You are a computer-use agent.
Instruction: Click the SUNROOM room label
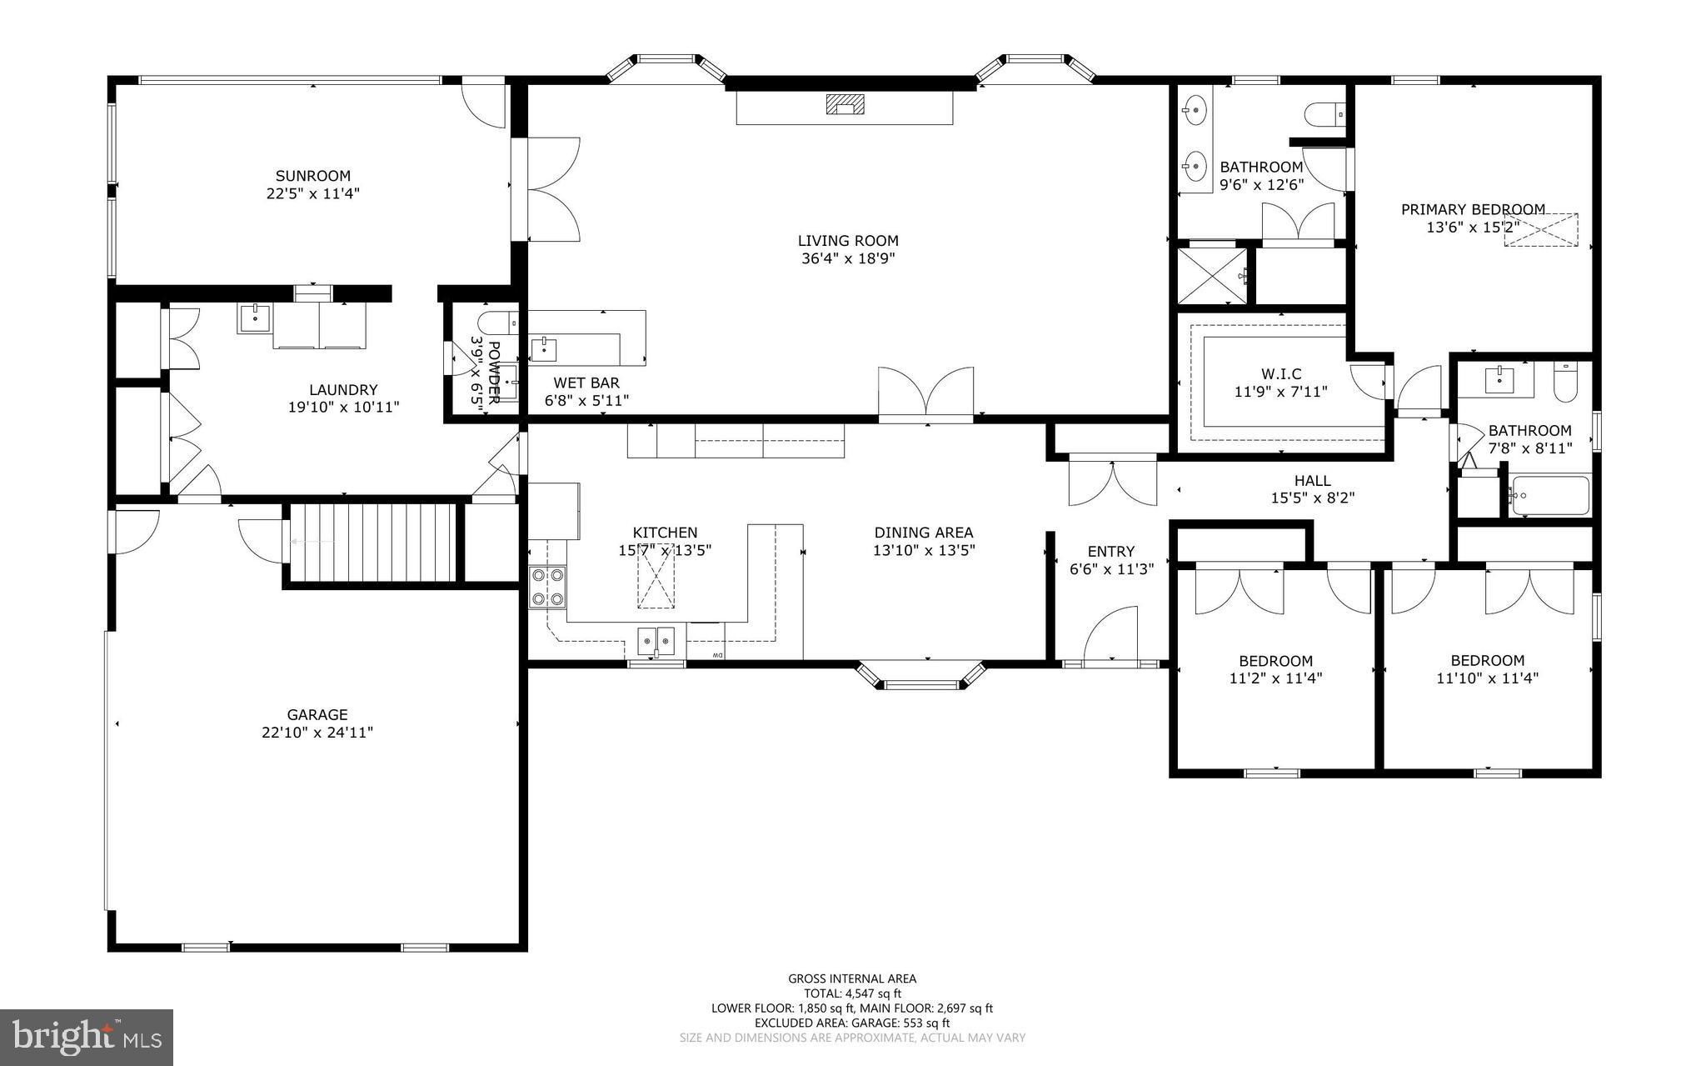tap(313, 176)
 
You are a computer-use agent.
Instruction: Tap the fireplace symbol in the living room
tap(845, 104)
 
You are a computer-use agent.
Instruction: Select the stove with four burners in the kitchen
tap(547, 586)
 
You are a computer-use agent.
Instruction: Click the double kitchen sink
tap(656, 641)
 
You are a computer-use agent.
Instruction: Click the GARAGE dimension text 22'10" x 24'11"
tap(317, 733)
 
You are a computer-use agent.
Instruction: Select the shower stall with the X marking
tap(1211, 276)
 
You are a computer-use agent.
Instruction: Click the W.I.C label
tap(1280, 373)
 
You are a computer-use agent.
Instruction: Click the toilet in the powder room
tap(497, 323)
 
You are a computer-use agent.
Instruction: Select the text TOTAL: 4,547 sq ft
tap(852, 993)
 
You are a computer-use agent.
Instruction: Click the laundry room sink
tap(253, 318)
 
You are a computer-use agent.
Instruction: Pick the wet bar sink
tap(544, 348)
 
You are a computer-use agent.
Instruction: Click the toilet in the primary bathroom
tap(1324, 113)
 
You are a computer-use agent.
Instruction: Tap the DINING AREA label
tap(924, 533)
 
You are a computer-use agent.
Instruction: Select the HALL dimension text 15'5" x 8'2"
tap(1312, 498)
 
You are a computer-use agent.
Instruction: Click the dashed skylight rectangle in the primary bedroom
tap(1541, 230)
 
